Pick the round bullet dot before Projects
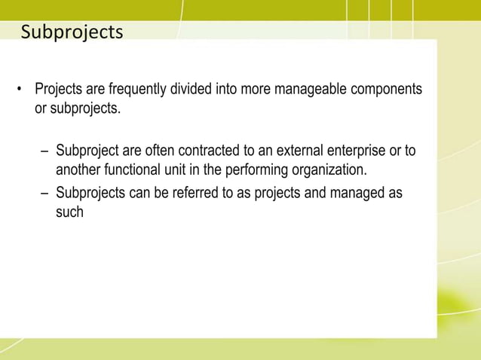pyautogui.click(x=20, y=92)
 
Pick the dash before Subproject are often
pyautogui.click(x=44, y=151)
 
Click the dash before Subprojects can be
pyautogui.click(x=44, y=194)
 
